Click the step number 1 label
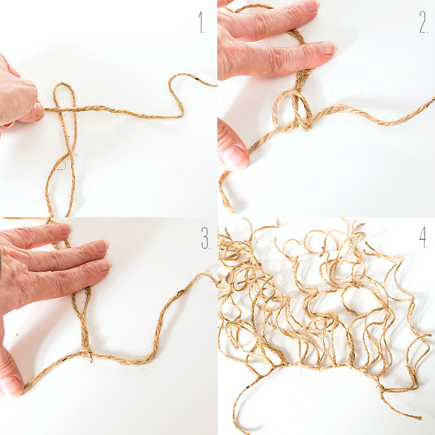(x=201, y=22)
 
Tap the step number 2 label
(x=423, y=22)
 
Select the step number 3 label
(x=206, y=238)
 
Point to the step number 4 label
(x=424, y=237)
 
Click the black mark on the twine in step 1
(x=197, y=79)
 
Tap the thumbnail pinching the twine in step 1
(x=39, y=111)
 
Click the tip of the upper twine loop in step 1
(x=63, y=83)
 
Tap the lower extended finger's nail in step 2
(x=327, y=48)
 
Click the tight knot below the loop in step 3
(x=86, y=353)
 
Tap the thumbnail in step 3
(x=11, y=386)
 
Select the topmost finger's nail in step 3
(x=65, y=229)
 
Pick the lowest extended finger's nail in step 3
(x=102, y=265)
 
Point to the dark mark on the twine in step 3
(x=180, y=292)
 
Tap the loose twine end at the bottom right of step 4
(x=419, y=417)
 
